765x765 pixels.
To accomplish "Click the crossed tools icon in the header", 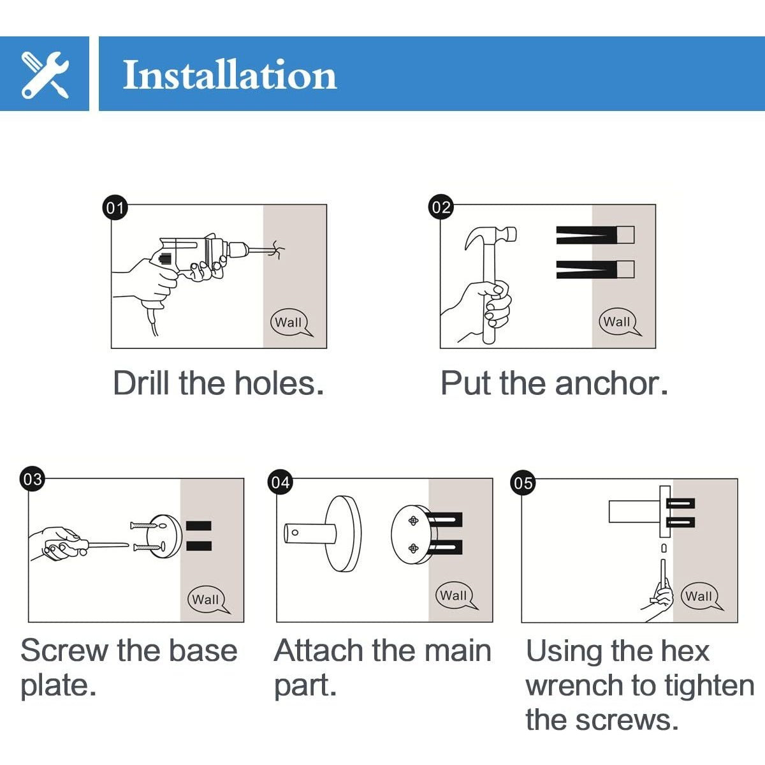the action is [x=45, y=74].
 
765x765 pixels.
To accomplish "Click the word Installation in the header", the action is [x=229, y=75].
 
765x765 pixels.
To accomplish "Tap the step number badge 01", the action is [x=115, y=207].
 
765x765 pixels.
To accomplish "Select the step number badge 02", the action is [x=441, y=207].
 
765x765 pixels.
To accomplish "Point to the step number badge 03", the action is [x=32, y=479].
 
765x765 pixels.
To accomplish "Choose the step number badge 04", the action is [x=280, y=482].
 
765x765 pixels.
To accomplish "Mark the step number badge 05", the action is [x=523, y=483].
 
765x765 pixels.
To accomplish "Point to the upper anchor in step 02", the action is [x=595, y=235].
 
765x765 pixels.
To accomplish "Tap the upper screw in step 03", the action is [x=144, y=525].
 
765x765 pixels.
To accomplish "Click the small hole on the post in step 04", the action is [x=295, y=532].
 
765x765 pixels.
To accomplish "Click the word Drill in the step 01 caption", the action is [x=142, y=383].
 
